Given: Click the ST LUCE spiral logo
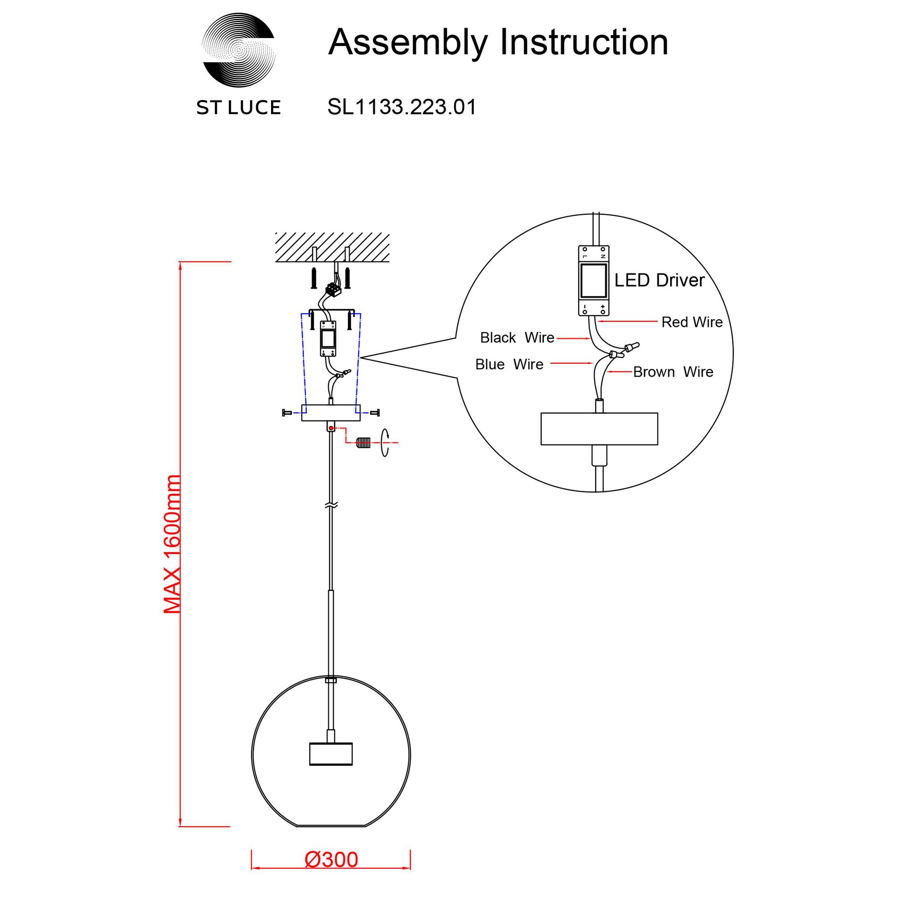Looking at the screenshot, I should coord(239,50).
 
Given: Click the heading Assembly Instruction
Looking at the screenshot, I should coord(498,42).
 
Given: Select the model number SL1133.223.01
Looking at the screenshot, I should coord(401,107).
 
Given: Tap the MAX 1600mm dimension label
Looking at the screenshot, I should coord(172,543).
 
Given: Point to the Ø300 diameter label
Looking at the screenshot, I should coord(331,860).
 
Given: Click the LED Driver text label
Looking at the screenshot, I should coord(659,280).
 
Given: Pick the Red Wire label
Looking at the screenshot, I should coord(691,322).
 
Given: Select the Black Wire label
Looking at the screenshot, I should coord(517,337).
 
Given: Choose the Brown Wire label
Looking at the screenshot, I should coord(673,372).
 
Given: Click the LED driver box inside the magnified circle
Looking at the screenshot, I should coord(594,281).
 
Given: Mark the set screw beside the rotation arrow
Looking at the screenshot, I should coord(363,442).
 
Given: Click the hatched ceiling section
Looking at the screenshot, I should coord(332,247).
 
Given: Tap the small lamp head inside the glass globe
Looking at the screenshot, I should coord(331,754).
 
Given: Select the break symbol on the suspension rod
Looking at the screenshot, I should coord(331,505).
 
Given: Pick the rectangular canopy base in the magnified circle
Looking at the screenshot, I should coord(599,428).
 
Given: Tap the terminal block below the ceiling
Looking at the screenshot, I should coord(334,290).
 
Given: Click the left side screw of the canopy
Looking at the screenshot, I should coord(287,412).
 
